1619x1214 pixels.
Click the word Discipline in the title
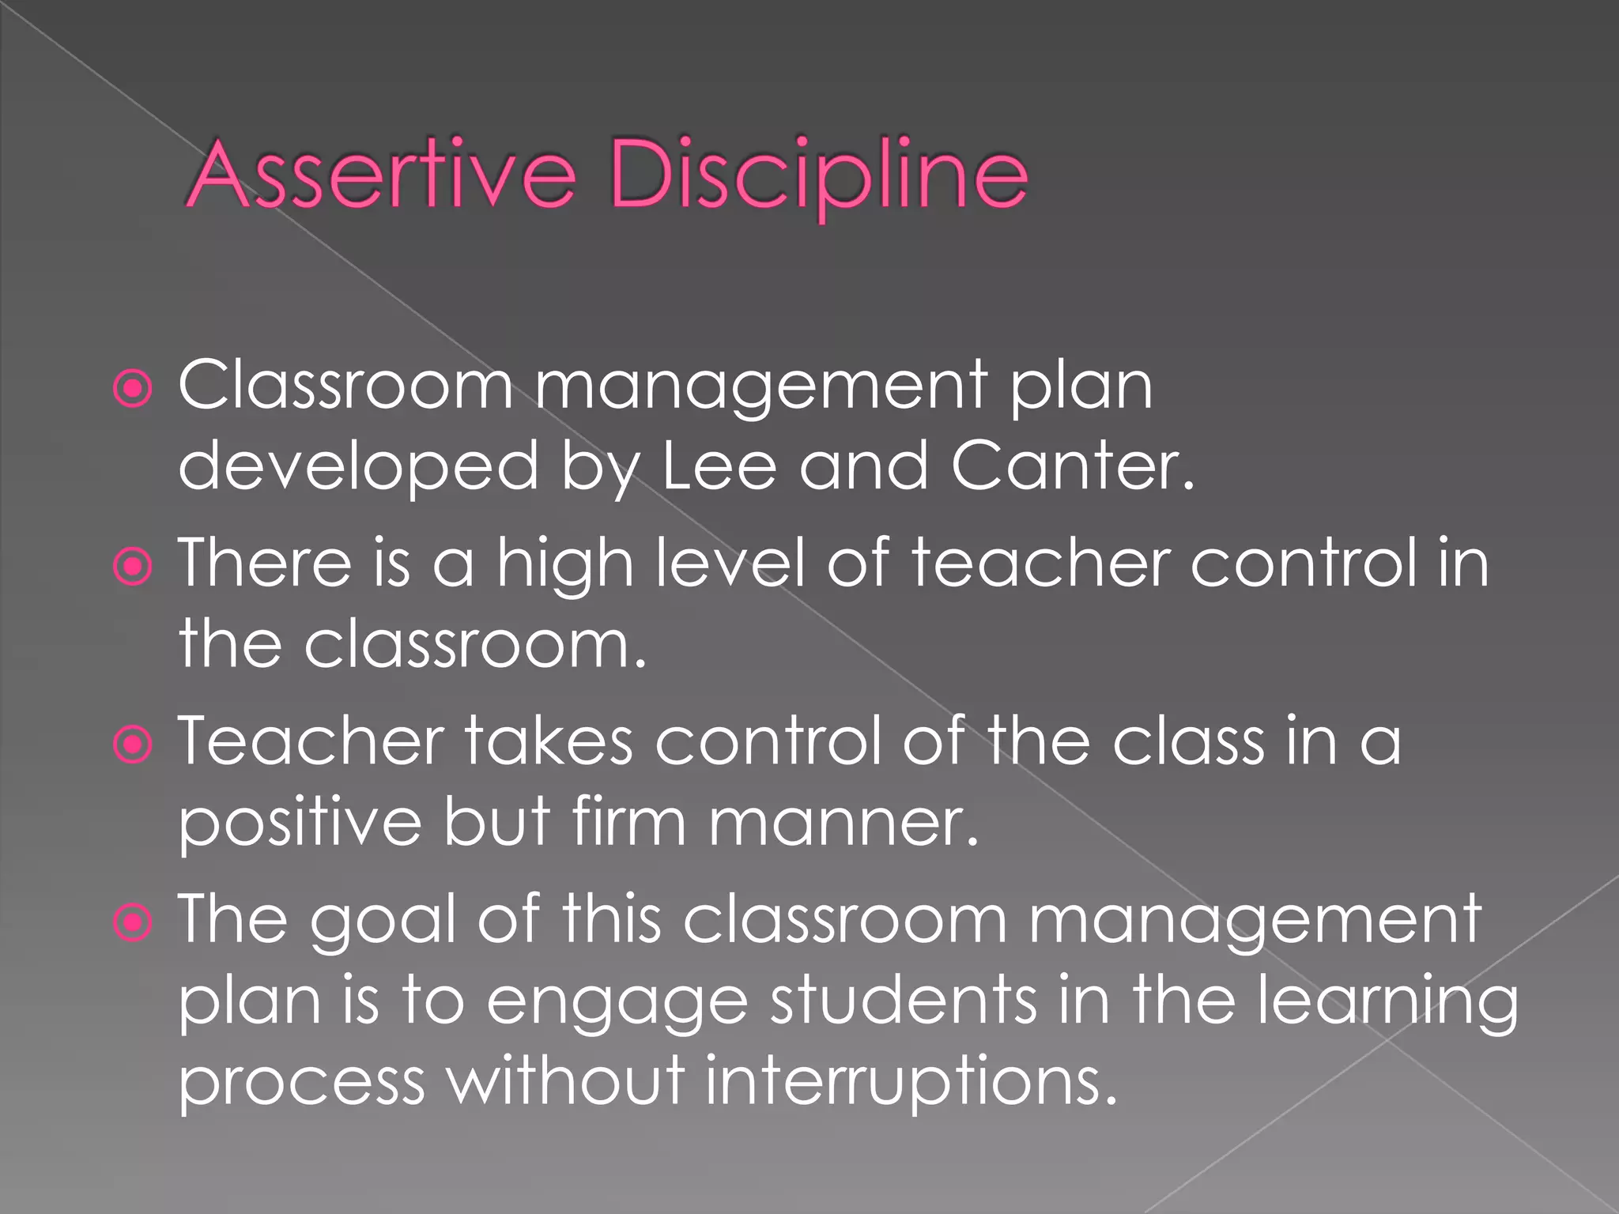[x=818, y=175]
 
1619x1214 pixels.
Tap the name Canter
[x=1071, y=466]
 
